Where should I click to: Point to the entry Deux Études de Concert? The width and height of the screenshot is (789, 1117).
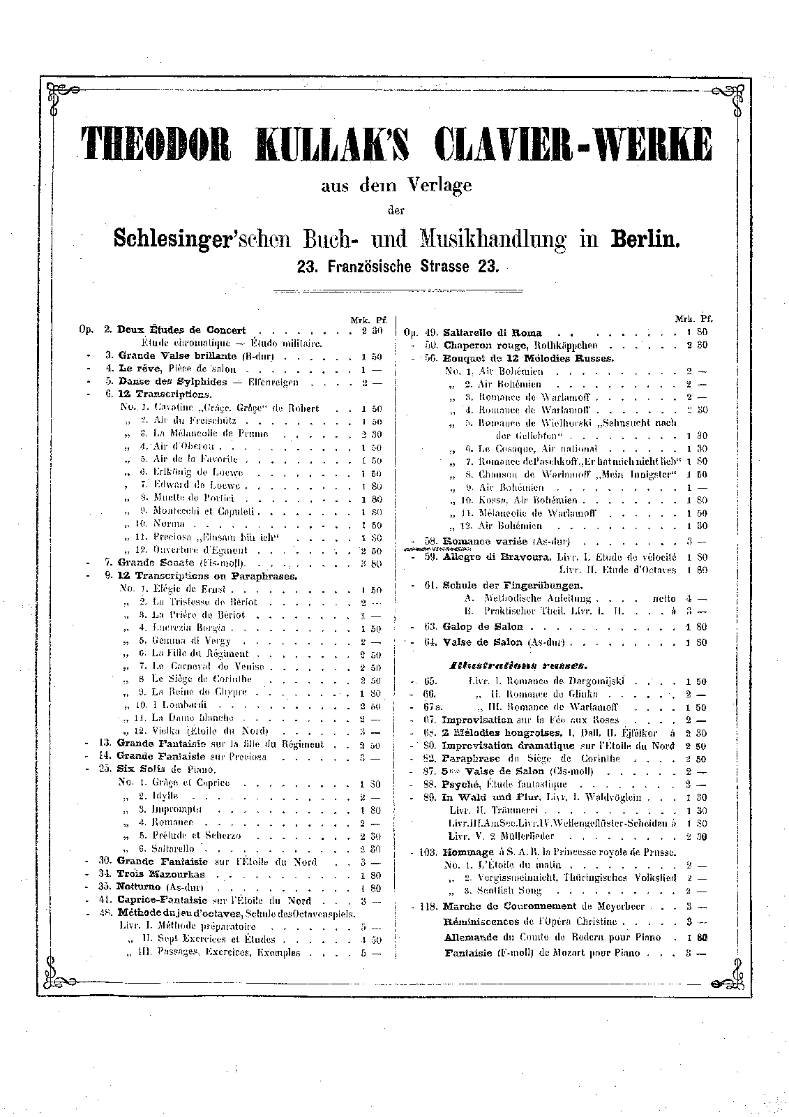tap(181, 330)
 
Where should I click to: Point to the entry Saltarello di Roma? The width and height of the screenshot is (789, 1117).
tap(492, 332)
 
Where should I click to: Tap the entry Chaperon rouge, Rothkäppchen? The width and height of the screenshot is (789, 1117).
tap(520, 345)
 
